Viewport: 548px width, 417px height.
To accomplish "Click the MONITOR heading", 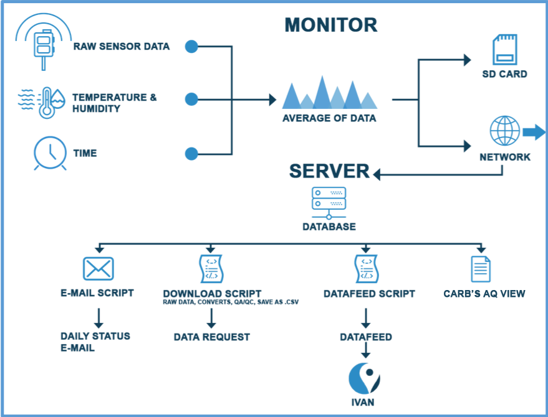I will pyautogui.click(x=330, y=26).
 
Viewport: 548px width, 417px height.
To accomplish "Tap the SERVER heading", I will pyautogui.click(x=329, y=171).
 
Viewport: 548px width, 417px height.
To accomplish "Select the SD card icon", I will pyautogui.click(x=504, y=50).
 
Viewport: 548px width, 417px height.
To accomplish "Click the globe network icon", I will pyautogui.click(x=504, y=131).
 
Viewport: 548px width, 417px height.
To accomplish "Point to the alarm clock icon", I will pyautogui.click(x=50, y=152).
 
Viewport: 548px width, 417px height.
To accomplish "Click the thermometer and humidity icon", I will pyautogui.click(x=42, y=101).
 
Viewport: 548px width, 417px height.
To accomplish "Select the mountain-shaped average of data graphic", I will pyautogui.click(x=329, y=93).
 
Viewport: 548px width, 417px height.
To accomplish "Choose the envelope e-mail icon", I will pyautogui.click(x=99, y=269).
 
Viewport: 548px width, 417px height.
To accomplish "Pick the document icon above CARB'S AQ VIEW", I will pyautogui.click(x=481, y=269).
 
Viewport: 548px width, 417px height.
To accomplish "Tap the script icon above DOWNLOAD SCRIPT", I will pyautogui.click(x=211, y=269).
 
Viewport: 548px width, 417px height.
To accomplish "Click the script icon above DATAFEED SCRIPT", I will pyautogui.click(x=365, y=269).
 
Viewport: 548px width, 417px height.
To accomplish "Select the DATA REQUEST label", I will pyautogui.click(x=211, y=337).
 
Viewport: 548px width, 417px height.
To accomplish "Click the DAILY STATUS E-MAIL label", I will pyautogui.click(x=95, y=342).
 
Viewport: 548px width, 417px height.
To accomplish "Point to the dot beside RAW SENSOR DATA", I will pyautogui.click(x=191, y=46).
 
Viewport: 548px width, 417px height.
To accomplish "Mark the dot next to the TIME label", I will pyautogui.click(x=191, y=153).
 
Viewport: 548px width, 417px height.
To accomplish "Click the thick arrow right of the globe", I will pyautogui.click(x=534, y=131).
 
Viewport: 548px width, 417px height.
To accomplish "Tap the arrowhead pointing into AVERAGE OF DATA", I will pyautogui.click(x=272, y=99).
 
